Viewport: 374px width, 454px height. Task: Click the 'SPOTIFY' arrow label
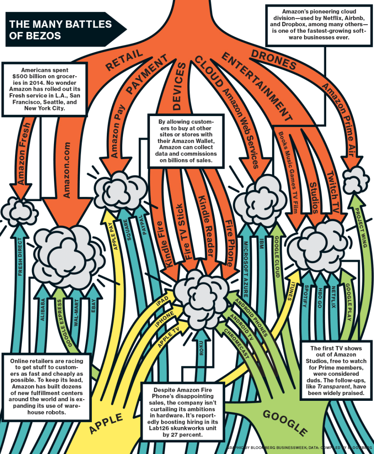point(305,297)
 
